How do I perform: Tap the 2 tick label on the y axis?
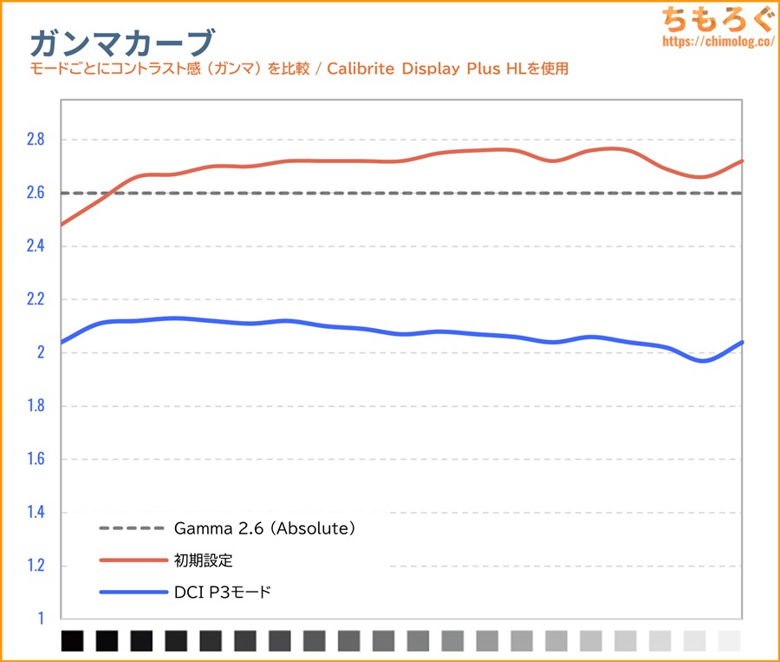pos(39,353)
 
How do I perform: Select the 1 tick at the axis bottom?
pos(39,619)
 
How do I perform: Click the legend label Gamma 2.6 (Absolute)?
pos(264,528)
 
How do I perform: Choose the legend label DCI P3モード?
pos(223,593)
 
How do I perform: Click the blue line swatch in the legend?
pos(132,593)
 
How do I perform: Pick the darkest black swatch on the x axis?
pos(73,641)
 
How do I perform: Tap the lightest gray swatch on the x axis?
pos(730,641)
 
